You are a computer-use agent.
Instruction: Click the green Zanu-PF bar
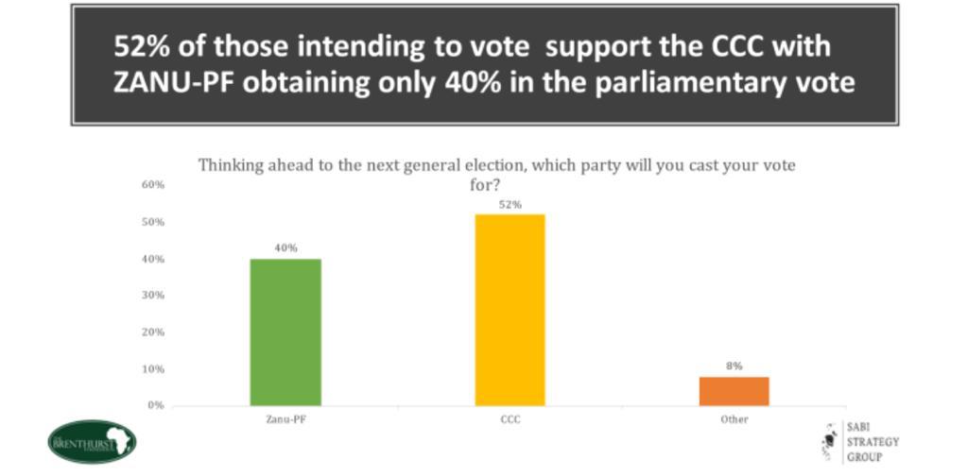click(x=285, y=331)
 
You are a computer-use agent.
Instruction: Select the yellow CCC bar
click(x=510, y=310)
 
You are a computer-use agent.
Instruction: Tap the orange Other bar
click(x=735, y=391)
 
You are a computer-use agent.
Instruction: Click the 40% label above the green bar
click(x=285, y=248)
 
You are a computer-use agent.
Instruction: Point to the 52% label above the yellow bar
click(x=510, y=204)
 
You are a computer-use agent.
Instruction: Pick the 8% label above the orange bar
click(x=735, y=365)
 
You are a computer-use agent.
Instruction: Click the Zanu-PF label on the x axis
click(x=285, y=418)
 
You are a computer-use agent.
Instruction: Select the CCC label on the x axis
click(x=510, y=418)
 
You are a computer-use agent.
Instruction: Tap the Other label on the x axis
click(x=735, y=418)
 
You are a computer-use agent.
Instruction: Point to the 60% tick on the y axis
click(x=153, y=185)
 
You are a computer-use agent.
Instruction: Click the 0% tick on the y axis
click(x=156, y=405)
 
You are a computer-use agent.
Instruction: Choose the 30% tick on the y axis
click(x=153, y=295)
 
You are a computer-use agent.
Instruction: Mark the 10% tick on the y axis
click(x=153, y=368)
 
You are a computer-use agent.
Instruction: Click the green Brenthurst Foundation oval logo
click(x=92, y=441)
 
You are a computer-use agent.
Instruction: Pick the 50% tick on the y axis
click(x=153, y=222)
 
